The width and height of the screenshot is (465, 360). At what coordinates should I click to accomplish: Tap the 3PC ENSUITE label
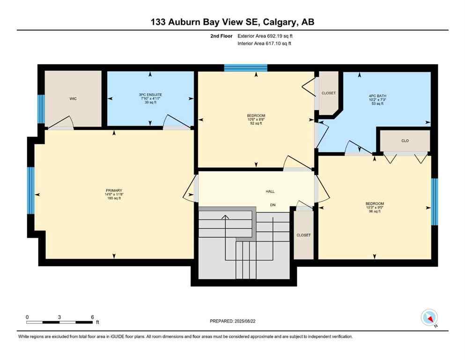click(x=150, y=95)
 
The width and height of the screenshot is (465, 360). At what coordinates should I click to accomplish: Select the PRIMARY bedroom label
click(x=113, y=190)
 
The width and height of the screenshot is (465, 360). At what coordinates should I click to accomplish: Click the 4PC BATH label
click(x=377, y=96)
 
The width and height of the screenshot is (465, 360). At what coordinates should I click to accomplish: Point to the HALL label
click(x=270, y=191)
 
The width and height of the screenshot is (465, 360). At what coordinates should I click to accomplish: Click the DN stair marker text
click(x=272, y=205)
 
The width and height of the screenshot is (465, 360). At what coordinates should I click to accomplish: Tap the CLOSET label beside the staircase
click(x=303, y=235)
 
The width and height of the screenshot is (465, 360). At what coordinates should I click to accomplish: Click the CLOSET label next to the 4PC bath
click(x=328, y=93)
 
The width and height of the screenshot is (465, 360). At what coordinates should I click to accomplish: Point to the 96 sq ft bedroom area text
click(x=375, y=211)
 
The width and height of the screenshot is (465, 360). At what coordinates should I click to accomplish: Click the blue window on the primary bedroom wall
click(x=31, y=190)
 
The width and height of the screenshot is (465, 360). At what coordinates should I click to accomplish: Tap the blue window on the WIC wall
click(x=41, y=109)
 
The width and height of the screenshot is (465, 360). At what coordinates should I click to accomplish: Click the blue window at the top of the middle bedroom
click(x=245, y=68)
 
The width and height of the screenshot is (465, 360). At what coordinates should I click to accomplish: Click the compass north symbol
click(x=429, y=318)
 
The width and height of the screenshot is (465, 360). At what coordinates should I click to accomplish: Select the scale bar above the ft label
click(x=59, y=322)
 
